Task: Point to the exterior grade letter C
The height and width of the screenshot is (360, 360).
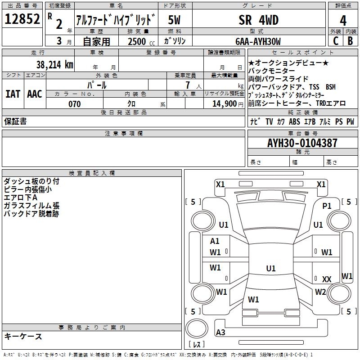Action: tap(335, 41)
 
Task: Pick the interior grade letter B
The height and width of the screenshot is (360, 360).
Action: tap(350, 41)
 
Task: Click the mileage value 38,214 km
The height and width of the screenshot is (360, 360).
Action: tap(54, 64)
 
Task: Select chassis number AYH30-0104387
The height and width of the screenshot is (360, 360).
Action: tap(302, 143)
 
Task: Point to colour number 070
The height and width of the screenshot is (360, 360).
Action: tap(74, 104)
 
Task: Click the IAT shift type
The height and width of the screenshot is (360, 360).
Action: tap(13, 94)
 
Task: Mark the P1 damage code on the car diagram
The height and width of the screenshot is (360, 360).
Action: tap(327, 206)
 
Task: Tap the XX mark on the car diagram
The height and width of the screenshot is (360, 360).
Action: tap(327, 279)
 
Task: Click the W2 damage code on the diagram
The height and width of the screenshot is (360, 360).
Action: tap(320, 292)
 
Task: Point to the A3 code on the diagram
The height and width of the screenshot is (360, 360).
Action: tap(221, 332)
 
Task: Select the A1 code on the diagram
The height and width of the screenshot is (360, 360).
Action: tap(215, 241)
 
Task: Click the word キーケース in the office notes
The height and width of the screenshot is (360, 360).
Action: tap(23, 336)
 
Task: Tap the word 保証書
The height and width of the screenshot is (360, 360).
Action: tap(15, 121)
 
